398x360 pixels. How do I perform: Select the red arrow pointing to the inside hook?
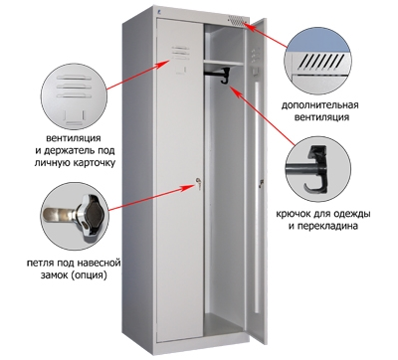pyautogui.click(x=259, y=108)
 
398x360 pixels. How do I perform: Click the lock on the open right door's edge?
pyautogui.click(x=262, y=183)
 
